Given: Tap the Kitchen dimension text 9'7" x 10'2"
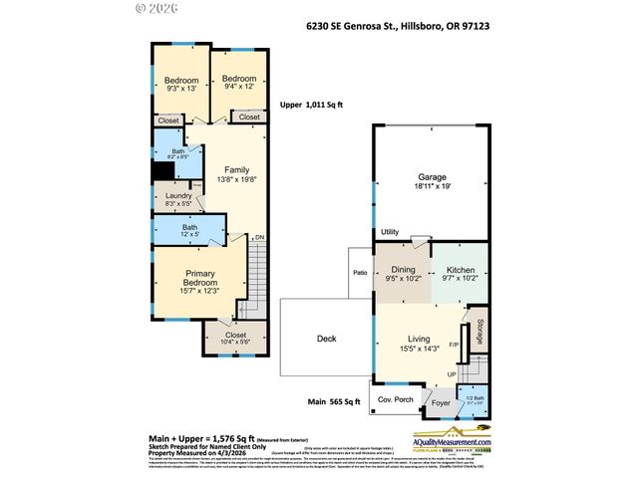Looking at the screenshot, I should tap(461, 280).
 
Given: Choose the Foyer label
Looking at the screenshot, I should tap(440, 404).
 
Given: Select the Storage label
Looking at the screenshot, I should tap(480, 330).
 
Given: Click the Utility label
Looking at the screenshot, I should tap(389, 232).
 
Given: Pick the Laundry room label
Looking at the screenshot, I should tap(178, 195).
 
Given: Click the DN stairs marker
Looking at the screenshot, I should tap(259, 237).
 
